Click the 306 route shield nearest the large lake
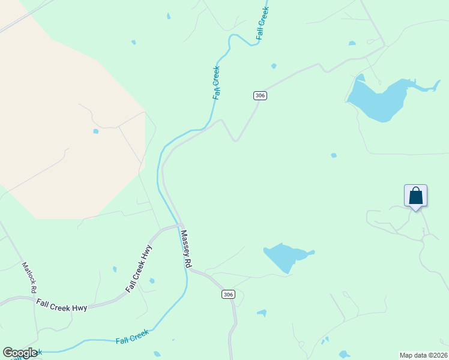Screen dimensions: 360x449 click(259, 95)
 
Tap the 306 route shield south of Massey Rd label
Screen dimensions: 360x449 click(228, 294)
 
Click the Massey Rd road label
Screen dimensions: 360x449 click(186, 249)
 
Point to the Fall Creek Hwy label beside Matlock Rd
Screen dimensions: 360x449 click(61, 305)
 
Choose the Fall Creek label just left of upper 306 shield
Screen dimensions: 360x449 click(216, 82)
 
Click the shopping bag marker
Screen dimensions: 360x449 click(415, 196)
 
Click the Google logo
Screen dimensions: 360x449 click(20, 353)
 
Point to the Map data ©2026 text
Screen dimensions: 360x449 click(423, 355)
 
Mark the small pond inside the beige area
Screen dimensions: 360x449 click(95, 131)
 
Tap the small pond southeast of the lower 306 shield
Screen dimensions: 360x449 click(262, 313)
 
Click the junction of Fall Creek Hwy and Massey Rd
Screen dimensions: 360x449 click(179, 226)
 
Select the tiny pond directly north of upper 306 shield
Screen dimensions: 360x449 click(274, 66)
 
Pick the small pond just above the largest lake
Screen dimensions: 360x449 click(352, 43)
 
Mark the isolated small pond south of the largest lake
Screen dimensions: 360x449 click(334, 155)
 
